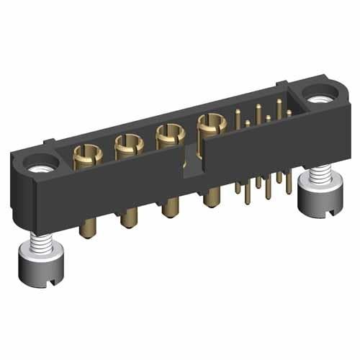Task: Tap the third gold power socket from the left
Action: tap(169, 135)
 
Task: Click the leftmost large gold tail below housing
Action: tap(89, 222)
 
